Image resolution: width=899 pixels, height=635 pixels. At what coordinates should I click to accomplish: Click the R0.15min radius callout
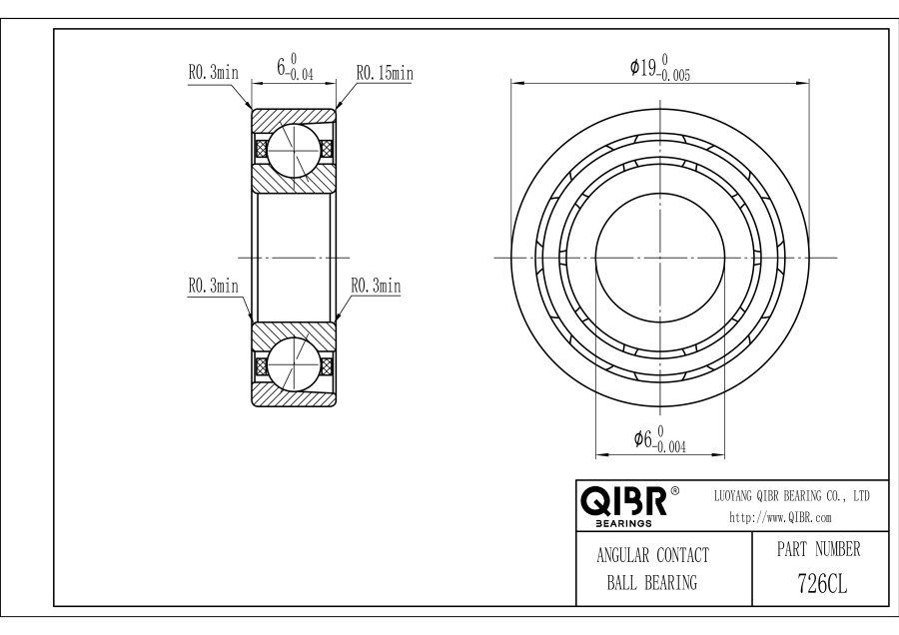click(385, 73)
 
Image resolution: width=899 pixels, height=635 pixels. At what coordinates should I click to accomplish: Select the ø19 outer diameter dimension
click(660, 68)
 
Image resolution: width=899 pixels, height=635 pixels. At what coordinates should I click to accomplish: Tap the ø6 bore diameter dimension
click(660, 439)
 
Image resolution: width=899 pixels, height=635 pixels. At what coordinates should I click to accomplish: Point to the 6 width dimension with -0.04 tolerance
click(295, 67)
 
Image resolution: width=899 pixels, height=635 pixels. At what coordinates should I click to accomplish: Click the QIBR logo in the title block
click(624, 501)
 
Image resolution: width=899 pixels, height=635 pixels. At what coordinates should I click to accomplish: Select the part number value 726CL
click(822, 584)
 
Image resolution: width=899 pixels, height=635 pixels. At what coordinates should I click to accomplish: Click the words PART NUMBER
click(819, 549)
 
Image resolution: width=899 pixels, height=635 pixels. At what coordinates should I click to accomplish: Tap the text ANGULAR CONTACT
click(652, 555)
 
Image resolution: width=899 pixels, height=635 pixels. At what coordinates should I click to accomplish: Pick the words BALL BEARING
click(652, 583)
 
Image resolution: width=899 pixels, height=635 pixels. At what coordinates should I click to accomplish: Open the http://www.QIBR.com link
click(780, 517)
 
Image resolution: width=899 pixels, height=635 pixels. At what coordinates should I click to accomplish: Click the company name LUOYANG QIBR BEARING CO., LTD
click(792, 496)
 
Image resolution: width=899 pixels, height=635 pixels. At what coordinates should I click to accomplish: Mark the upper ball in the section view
click(293, 149)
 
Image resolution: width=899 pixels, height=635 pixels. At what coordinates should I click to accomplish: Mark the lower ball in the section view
click(293, 365)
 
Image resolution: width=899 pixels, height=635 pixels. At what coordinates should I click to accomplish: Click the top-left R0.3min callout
click(214, 72)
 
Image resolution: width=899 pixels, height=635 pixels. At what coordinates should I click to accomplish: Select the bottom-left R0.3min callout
click(214, 286)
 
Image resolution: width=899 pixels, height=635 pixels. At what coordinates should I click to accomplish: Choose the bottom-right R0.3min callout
click(376, 286)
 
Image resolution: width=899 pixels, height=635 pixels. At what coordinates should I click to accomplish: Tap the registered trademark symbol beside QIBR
click(675, 491)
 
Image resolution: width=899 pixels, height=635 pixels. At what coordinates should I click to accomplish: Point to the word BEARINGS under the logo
click(623, 523)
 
